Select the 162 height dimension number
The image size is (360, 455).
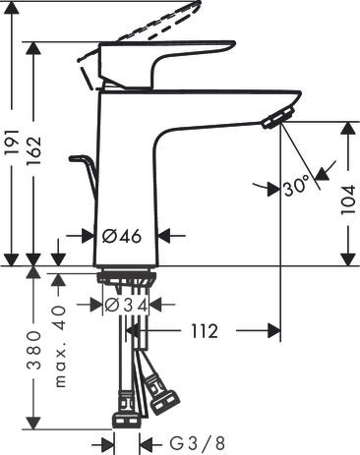click(x=37, y=156)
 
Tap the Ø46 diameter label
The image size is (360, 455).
click(x=123, y=236)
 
